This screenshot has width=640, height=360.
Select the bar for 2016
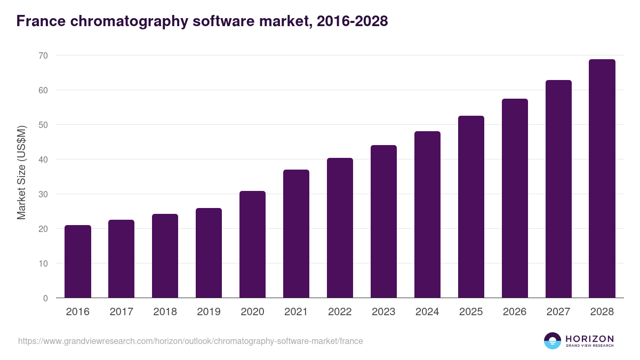78,261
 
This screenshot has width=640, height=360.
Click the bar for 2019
209,253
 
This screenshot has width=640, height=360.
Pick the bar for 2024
427,214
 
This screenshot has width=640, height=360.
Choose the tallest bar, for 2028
602,179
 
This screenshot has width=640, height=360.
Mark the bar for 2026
515,198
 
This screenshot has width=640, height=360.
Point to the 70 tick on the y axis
43,55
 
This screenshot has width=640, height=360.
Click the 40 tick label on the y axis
43,159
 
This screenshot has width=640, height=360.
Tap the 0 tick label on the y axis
45,298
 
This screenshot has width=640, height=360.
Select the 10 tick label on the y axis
43,263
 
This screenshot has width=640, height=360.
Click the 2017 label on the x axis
122,312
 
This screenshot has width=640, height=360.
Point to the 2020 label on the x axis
252,312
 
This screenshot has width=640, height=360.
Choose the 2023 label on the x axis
383,312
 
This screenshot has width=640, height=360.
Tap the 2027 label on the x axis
558,312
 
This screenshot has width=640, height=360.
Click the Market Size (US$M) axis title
21,172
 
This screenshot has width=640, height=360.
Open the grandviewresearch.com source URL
190,341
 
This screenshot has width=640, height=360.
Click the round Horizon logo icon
552,341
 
